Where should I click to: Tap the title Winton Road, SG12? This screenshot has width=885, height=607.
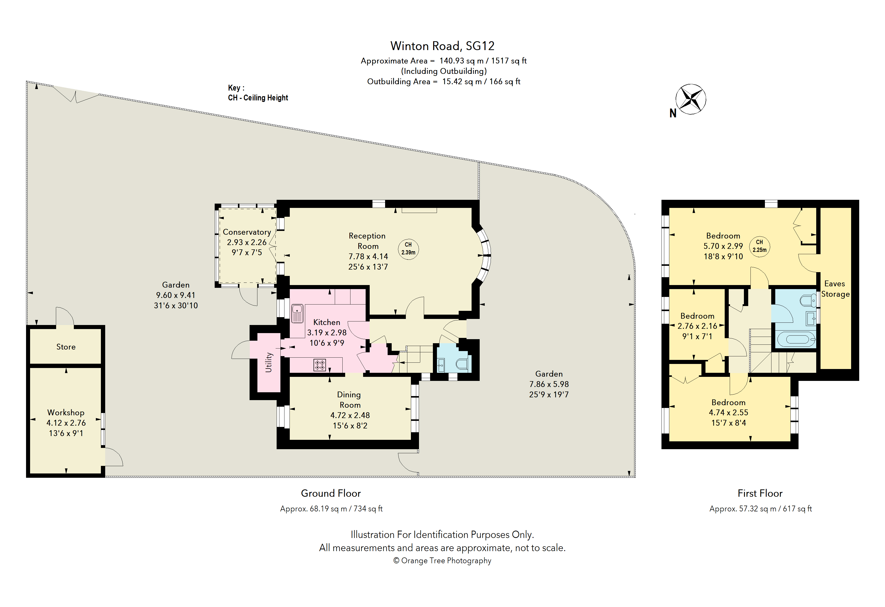pyautogui.click(x=442, y=46)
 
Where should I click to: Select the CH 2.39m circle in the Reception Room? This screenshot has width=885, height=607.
pyautogui.click(x=408, y=249)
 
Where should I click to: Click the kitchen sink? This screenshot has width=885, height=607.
pyautogui.click(x=297, y=313)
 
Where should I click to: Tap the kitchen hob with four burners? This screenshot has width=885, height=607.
pyautogui.click(x=320, y=365)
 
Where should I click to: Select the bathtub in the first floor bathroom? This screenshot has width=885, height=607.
pyautogui.click(x=796, y=339)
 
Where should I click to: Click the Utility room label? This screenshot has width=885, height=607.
pyautogui.click(x=269, y=362)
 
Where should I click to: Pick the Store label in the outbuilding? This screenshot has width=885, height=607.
pyautogui.click(x=66, y=347)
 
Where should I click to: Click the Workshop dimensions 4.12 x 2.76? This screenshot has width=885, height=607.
pyautogui.click(x=66, y=423)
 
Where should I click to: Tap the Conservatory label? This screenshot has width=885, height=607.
pyautogui.click(x=247, y=232)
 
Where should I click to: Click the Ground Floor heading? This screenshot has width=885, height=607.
pyautogui.click(x=331, y=493)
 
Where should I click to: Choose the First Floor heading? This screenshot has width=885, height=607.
pyautogui.click(x=760, y=493)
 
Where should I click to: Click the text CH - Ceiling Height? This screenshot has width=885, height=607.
pyautogui.click(x=258, y=98)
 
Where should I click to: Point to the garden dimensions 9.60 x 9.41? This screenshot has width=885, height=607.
pyautogui.click(x=175, y=295)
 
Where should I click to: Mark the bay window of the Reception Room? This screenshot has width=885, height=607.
pyautogui.click(x=483, y=255)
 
